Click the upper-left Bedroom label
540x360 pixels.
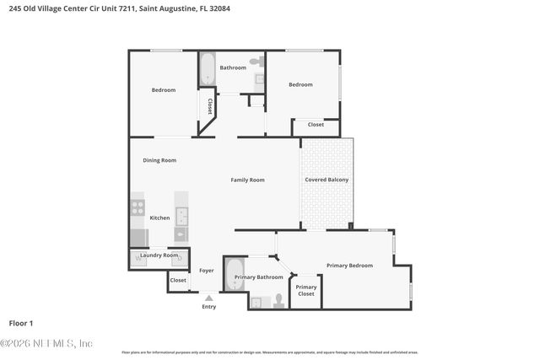[x=164, y=90]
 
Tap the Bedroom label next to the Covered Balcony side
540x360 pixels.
[x=300, y=84]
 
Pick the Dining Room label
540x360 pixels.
[x=159, y=160]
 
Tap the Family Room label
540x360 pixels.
[x=248, y=180]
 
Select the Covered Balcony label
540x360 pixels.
[x=327, y=180]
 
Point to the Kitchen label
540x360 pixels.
[x=159, y=218]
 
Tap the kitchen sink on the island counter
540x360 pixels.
[x=181, y=215]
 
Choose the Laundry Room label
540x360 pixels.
[x=159, y=255]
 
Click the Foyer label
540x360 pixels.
[x=207, y=271]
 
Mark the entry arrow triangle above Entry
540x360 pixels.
[x=208, y=298]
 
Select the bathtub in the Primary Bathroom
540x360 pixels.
[x=234, y=275]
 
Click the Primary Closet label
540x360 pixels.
[x=305, y=291]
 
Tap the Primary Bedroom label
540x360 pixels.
[x=349, y=266]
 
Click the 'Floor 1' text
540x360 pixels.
[x=21, y=323]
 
